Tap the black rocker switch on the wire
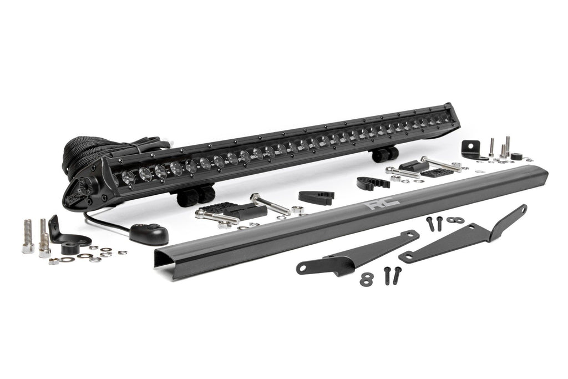149,234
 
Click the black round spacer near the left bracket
69,249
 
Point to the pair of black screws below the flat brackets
392,275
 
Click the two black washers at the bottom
366,279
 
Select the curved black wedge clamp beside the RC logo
371,183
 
